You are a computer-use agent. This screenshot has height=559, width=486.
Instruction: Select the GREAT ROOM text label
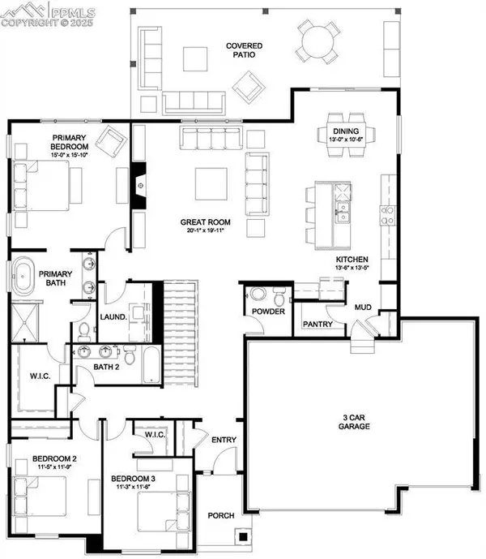206,221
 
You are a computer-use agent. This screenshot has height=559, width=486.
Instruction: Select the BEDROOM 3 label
133,478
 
